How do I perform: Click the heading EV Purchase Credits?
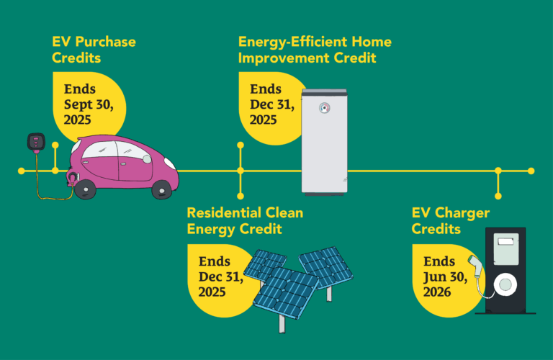tap(94, 50)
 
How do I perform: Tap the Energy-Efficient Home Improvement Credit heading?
tap(315, 50)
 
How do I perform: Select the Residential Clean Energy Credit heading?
tap(245, 221)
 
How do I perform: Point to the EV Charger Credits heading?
tap(451, 221)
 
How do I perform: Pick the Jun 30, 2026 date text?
tap(446, 284)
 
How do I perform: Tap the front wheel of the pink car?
tap(162, 189)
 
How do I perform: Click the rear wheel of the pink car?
tap(86, 189)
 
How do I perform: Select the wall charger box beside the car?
tap(36, 143)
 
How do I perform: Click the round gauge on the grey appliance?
tap(325, 108)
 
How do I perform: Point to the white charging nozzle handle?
tap(475, 266)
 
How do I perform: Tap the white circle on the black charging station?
tap(505, 284)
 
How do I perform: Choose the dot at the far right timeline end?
tap(531, 171)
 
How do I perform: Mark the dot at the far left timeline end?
tap(21, 171)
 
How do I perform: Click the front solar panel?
tap(287, 293)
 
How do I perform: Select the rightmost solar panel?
tap(326, 268)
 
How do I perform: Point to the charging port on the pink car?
tap(73, 176)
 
